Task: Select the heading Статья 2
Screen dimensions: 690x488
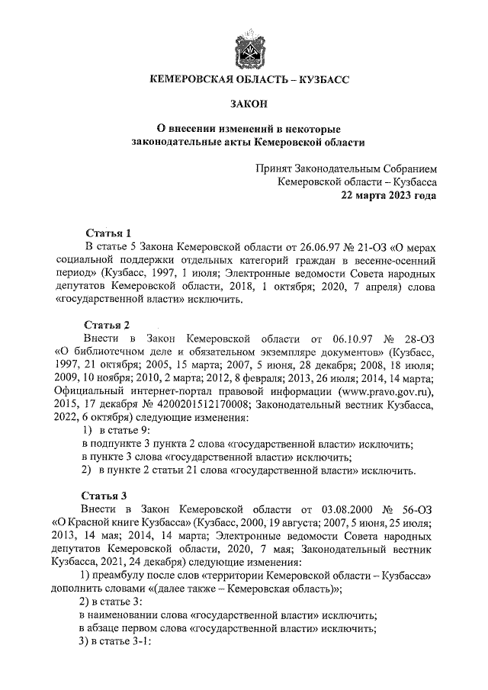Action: point(108,325)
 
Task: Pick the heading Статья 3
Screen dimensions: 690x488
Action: point(108,494)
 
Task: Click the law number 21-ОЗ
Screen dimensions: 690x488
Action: point(368,247)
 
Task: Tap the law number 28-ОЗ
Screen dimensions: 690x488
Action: point(416,339)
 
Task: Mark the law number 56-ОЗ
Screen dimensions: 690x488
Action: point(416,508)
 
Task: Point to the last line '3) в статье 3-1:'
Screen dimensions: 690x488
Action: point(117,640)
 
